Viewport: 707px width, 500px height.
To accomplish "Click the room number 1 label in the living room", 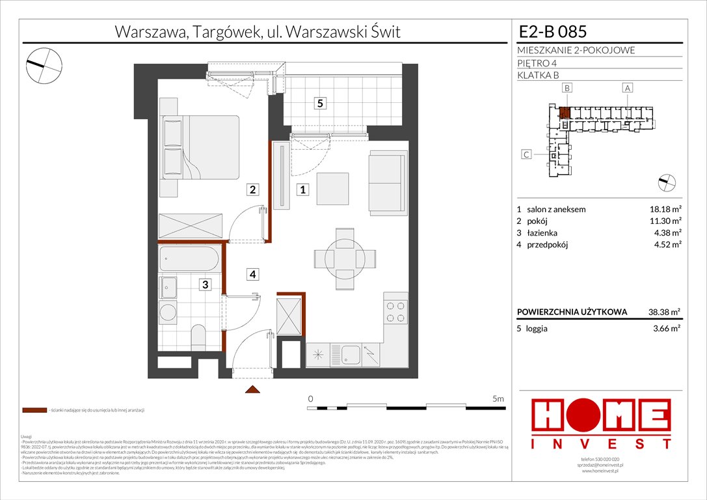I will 302,190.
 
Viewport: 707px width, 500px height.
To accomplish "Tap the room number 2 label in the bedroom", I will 252,190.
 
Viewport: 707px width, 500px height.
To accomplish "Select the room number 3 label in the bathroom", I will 205,284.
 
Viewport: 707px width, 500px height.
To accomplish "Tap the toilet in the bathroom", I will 198,337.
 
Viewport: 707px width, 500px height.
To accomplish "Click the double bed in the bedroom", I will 200,147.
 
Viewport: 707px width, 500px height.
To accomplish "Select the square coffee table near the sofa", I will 332,189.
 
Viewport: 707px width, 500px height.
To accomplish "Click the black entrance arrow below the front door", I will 252,389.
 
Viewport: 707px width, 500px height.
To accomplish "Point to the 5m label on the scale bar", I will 498,398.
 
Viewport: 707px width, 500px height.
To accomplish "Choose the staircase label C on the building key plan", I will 527,154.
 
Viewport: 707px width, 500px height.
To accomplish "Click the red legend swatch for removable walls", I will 34,411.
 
